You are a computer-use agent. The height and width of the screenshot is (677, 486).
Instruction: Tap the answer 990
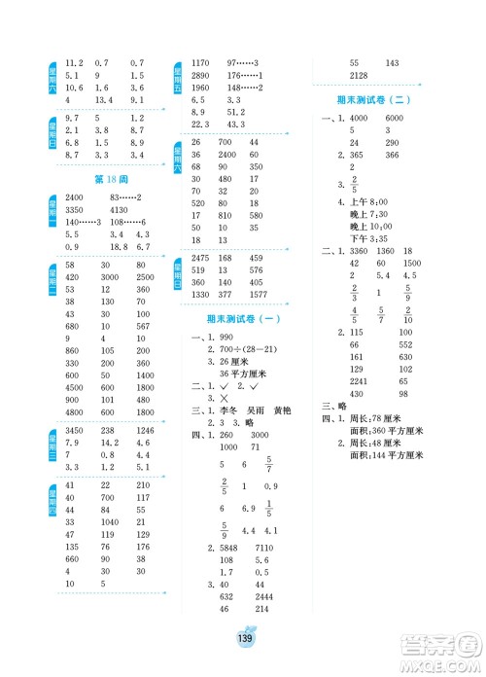pos(228,336)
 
